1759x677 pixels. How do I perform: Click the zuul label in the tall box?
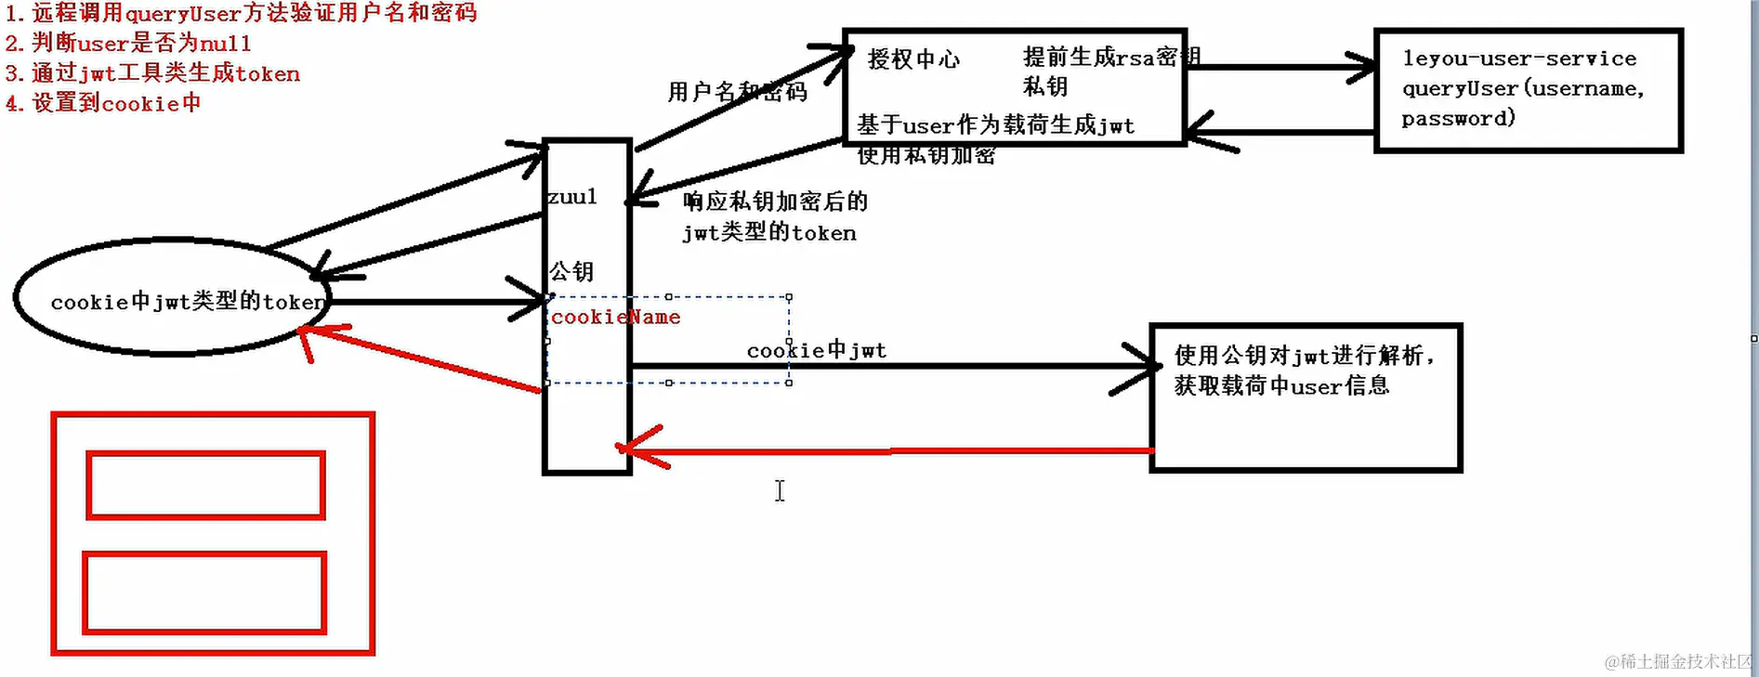[x=571, y=197]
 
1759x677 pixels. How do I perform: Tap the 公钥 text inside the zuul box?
[x=571, y=271]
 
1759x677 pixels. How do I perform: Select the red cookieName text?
[x=615, y=318]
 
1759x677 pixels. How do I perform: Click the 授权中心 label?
[x=913, y=59]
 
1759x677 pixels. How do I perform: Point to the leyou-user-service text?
[x=1519, y=59]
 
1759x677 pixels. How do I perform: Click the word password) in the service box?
[x=1458, y=119]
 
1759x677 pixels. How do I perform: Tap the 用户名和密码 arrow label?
[x=737, y=92]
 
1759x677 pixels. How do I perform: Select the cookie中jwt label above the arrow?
[x=816, y=350]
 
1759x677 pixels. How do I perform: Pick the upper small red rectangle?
[x=205, y=485]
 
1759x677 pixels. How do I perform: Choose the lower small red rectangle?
[x=204, y=592]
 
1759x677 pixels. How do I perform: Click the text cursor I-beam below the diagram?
[x=780, y=490]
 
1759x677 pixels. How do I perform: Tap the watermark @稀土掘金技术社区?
[x=1678, y=661]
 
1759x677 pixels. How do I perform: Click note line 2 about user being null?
[x=129, y=44]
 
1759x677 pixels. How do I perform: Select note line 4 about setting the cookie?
[x=103, y=103]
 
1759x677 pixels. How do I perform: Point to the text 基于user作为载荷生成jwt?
[x=995, y=125]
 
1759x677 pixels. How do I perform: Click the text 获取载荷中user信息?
[x=1281, y=385]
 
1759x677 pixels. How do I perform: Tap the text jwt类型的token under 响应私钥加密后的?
[x=769, y=233]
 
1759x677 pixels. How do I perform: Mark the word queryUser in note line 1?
[x=183, y=14]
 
